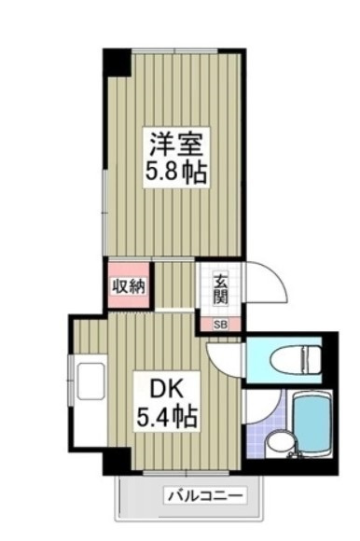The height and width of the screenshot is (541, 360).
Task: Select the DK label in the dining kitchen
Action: [166, 390]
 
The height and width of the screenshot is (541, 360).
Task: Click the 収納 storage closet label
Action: [129, 286]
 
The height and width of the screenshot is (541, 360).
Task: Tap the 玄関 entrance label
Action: [220, 289]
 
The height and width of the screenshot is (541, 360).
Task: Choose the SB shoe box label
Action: [220, 325]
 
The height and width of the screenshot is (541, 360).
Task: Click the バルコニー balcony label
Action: [205, 496]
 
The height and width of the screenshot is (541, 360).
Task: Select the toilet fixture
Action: [295, 360]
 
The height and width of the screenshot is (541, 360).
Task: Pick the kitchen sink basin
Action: [91, 381]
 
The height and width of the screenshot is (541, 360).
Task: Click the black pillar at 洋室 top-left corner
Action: [117, 62]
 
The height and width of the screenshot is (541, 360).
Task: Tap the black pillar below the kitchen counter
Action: [117, 461]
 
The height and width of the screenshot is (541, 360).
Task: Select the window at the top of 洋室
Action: [174, 51]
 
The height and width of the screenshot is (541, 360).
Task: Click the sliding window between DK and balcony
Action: [186, 472]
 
